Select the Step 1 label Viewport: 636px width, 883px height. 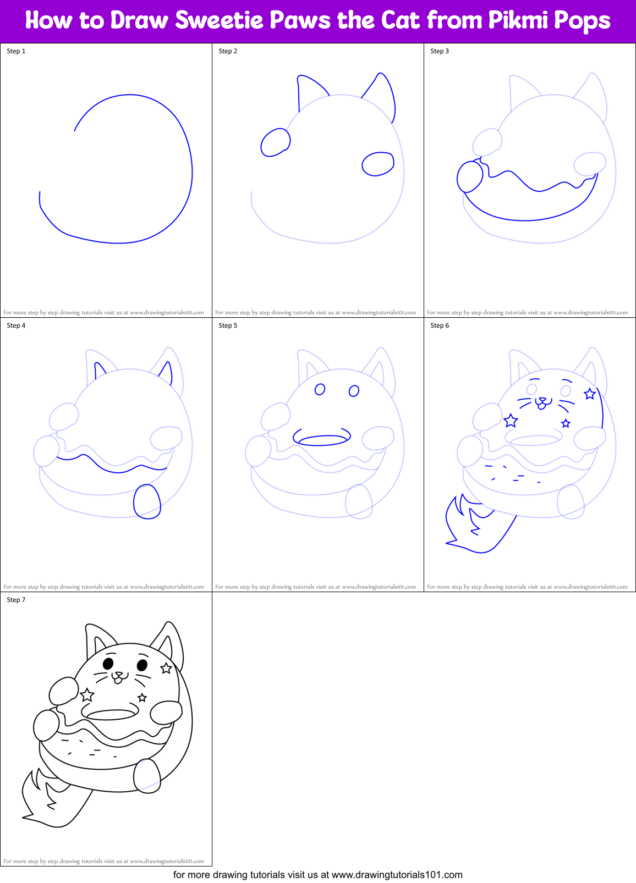click(16, 51)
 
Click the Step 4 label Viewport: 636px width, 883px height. click(16, 325)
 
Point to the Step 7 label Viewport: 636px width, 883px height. click(16, 600)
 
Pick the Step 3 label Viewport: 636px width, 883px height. click(440, 51)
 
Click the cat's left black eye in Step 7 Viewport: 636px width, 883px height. click(108, 663)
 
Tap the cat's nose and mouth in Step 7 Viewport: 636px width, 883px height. click(118, 677)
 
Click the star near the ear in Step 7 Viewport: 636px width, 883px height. click(166, 669)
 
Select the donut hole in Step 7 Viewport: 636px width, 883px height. click(111, 715)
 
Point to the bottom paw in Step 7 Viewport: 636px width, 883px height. click(147, 775)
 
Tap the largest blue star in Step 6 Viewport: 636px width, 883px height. click(511, 421)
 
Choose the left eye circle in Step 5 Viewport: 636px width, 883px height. click(320, 390)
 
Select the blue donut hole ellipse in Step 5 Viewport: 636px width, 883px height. click(322, 439)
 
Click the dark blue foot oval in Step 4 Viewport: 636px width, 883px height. click(147, 501)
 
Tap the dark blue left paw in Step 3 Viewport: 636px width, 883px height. click(470, 176)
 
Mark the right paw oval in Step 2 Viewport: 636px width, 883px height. click(378, 164)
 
